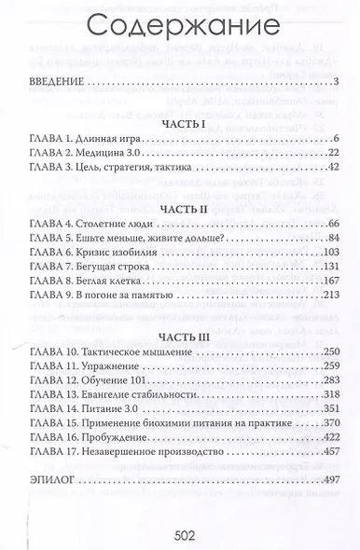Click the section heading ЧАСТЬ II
[180, 210]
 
